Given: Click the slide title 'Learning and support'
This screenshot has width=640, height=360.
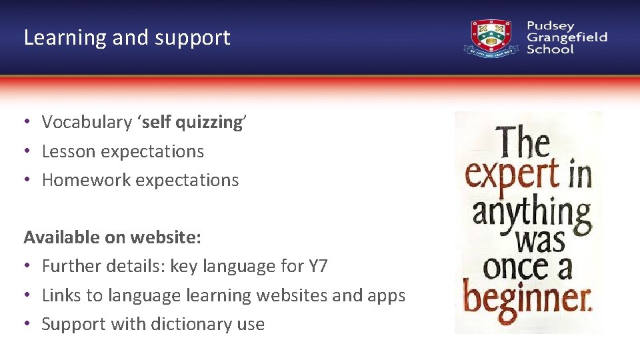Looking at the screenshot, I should [127, 37].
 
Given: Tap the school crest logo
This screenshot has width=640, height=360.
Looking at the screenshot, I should [491, 38].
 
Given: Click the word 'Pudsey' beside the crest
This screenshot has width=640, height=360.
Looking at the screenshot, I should [550, 26].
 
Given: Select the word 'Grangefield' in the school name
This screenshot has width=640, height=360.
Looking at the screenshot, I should [567, 38].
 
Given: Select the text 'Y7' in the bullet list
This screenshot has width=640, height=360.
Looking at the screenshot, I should [318, 266].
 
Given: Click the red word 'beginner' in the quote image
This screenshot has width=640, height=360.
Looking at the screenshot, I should [527, 298].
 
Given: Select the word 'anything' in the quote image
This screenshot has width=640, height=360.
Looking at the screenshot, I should [531, 213].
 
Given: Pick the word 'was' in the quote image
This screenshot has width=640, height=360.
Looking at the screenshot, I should [540, 239].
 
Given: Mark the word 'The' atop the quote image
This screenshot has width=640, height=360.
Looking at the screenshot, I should [524, 142].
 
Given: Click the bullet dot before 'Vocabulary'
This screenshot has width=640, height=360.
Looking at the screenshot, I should [27, 122].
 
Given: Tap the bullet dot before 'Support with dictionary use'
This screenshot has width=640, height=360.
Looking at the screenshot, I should [27, 324].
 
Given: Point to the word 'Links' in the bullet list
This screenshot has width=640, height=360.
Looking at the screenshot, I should [61, 295].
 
